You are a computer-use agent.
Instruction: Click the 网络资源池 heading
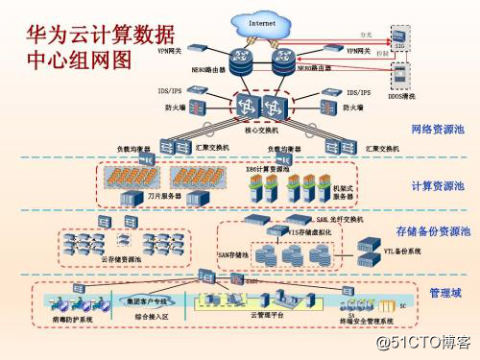coord(437,129)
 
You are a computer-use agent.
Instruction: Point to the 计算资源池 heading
coord(437,186)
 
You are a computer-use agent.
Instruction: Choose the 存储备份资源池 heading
coord(433,231)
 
